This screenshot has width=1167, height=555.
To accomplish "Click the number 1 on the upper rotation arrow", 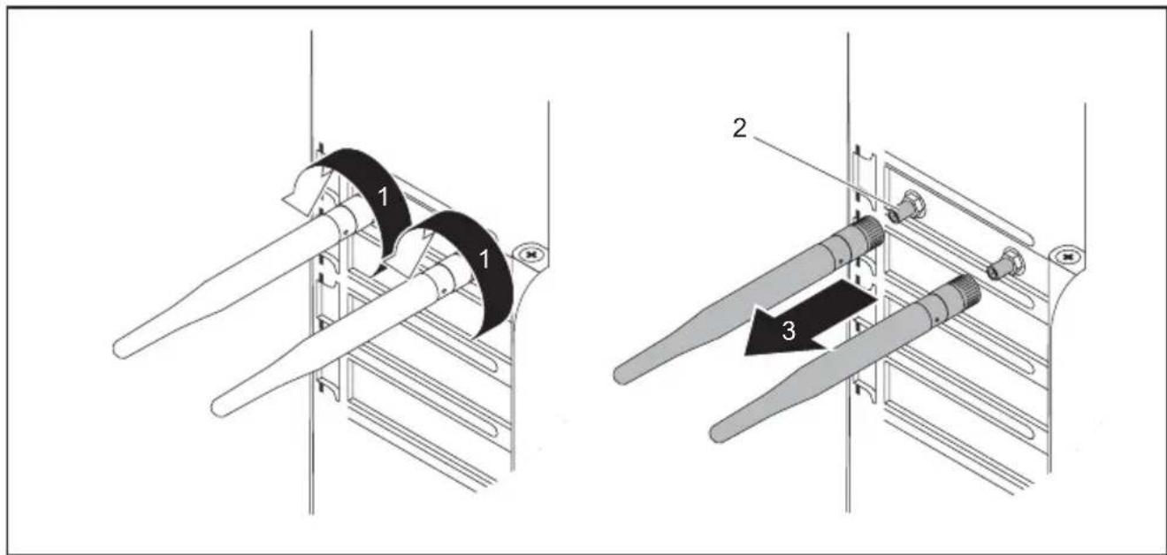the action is click(383, 197).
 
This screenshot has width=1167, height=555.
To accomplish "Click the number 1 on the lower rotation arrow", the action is click(484, 259).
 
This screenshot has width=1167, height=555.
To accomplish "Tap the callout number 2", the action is click(739, 127).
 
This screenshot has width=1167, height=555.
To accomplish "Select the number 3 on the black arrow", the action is click(789, 331).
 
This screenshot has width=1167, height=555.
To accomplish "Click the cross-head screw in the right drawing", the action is click(1067, 256).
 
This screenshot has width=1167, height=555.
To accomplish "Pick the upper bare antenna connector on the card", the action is click(906, 207).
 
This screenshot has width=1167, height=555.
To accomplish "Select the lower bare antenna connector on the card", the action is click(1005, 265).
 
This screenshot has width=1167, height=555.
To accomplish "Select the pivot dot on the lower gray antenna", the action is click(936, 317).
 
